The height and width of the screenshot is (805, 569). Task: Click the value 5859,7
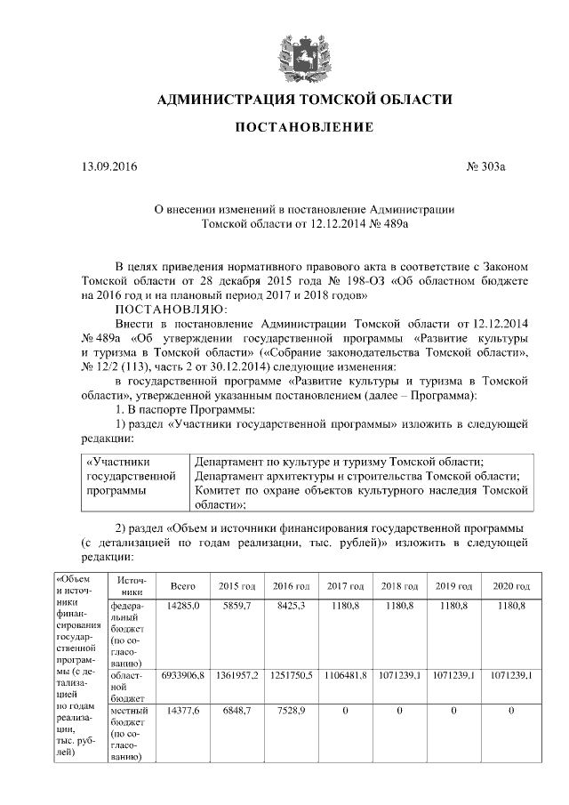coord(236,606)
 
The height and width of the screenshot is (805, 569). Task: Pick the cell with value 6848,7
coord(236,711)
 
